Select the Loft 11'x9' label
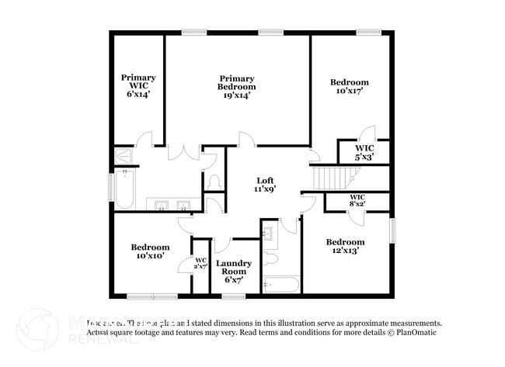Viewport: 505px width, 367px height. pyautogui.click(x=266, y=184)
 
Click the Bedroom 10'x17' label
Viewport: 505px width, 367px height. pyautogui.click(x=349, y=86)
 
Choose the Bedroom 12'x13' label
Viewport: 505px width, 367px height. pyautogui.click(x=346, y=246)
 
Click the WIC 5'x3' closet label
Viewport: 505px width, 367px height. pyautogui.click(x=364, y=152)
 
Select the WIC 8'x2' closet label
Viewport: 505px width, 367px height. pyautogui.click(x=357, y=201)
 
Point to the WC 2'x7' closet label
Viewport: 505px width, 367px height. pyautogui.click(x=200, y=264)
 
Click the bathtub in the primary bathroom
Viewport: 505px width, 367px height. pyautogui.click(x=125, y=190)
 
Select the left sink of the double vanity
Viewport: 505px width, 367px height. pyautogui.click(x=162, y=205)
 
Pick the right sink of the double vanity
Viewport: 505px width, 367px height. pyautogui.click(x=183, y=205)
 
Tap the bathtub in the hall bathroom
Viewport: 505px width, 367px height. pyautogui.click(x=280, y=285)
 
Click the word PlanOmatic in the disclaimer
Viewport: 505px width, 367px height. pyautogui.click(x=416, y=332)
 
